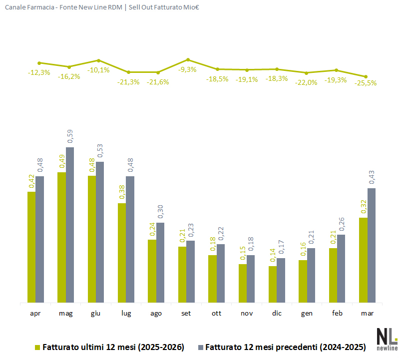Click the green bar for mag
[x=61, y=237]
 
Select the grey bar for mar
[x=371, y=245]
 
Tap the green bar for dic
[x=273, y=284]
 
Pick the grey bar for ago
[x=160, y=262]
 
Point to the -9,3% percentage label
[x=188, y=69]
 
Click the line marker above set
[x=188, y=59]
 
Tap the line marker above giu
[x=98, y=60]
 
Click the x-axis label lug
[x=126, y=314]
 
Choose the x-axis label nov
[x=247, y=314]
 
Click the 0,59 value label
[x=70, y=137]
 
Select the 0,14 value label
[x=273, y=256]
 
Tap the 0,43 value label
[x=371, y=178]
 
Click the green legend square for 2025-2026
[x=37, y=347]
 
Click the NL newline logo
[x=386, y=340]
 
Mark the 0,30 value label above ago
[x=160, y=212]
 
